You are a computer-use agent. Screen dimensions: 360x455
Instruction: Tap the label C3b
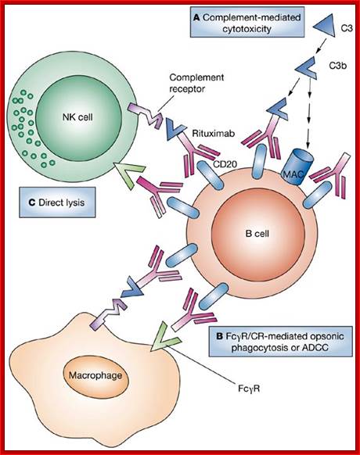[x=337, y=66]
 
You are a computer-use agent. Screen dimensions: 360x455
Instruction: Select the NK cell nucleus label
[x=77, y=117]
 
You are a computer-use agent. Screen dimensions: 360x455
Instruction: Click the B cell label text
[x=257, y=233]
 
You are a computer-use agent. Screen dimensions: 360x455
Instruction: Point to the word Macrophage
[x=95, y=375]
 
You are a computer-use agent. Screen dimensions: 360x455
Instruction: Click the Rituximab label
[x=214, y=133]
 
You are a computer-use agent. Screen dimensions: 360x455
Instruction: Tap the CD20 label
[x=225, y=164]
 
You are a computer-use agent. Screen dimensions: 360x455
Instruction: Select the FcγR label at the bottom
[x=249, y=389]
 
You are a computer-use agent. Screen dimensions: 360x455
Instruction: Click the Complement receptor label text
[x=196, y=83]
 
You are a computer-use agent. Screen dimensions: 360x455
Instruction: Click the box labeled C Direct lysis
[x=57, y=202]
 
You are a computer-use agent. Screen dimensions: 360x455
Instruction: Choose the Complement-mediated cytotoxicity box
[x=247, y=23]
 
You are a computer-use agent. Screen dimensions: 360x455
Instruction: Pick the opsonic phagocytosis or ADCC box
[x=281, y=341]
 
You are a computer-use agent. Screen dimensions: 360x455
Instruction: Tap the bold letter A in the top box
[x=196, y=18]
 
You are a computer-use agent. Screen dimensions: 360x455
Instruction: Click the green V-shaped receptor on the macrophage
[x=164, y=338]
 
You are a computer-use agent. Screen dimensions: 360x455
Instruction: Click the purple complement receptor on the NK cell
[x=146, y=116]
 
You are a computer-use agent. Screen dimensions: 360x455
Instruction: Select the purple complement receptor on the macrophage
[x=108, y=314]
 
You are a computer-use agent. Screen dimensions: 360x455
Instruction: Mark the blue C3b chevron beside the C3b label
[x=307, y=69]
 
